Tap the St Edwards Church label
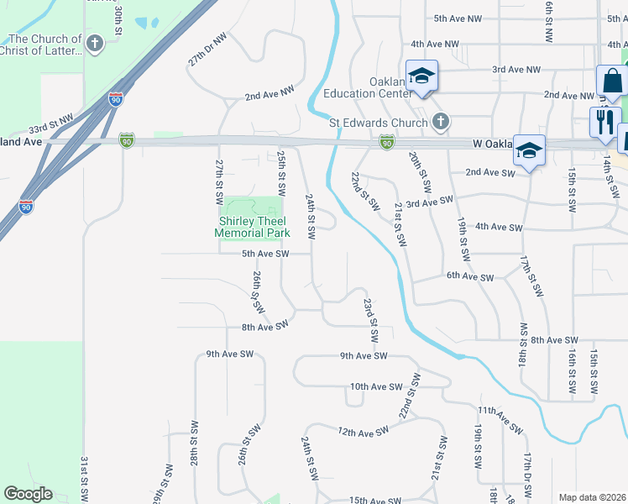click(378, 122)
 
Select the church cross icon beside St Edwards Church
click(440, 123)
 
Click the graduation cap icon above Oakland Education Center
click(421, 76)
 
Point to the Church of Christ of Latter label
click(44, 45)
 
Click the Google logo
click(28, 494)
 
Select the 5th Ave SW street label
click(265, 253)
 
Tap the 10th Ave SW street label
click(377, 387)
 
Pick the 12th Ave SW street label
click(364, 431)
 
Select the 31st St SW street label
click(85, 480)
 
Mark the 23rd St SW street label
click(370, 319)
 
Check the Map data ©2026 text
click(592, 497)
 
